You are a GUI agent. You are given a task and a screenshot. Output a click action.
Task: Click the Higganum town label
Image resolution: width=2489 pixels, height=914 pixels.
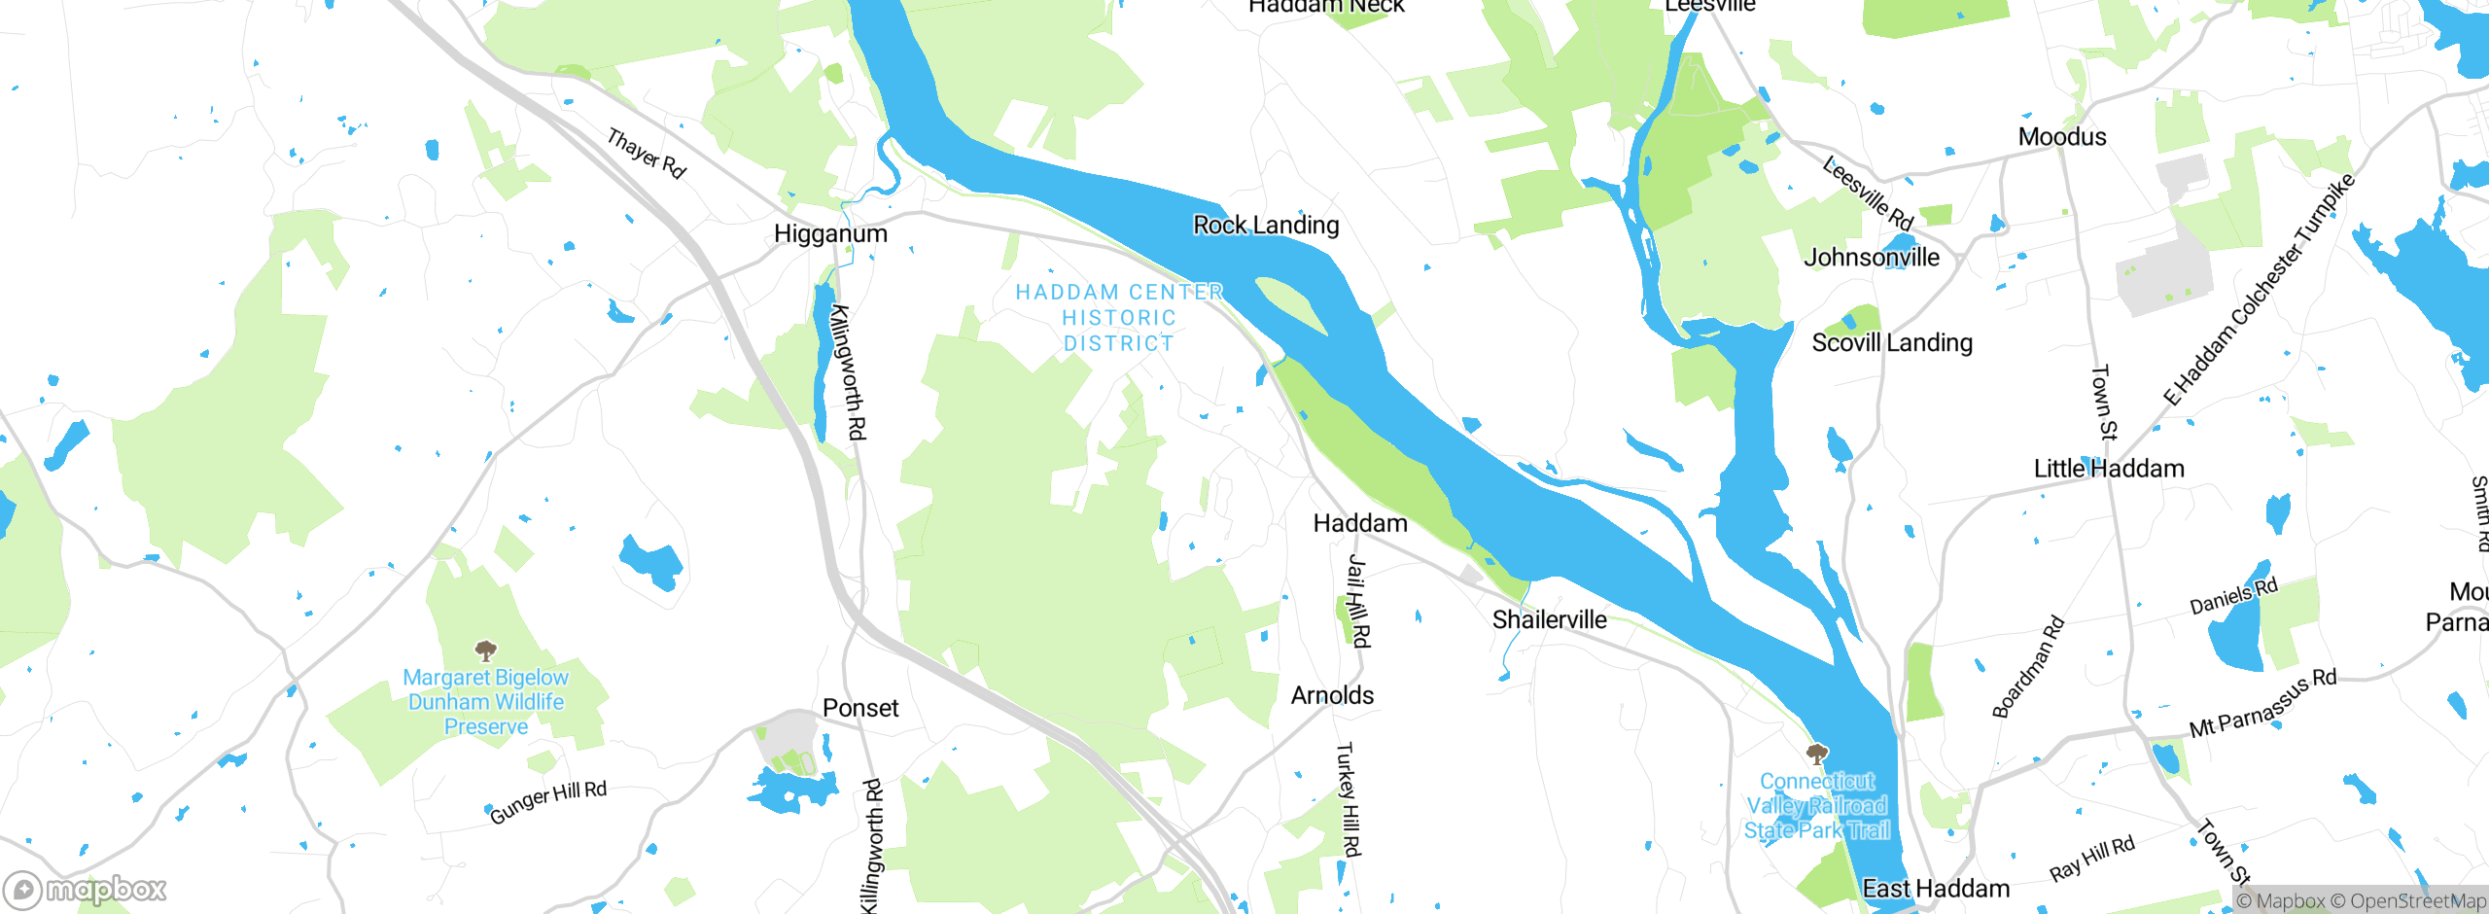click(x=830, y=234)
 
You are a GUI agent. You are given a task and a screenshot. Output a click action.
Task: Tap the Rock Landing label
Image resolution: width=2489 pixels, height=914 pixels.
click(x=1266, y=226)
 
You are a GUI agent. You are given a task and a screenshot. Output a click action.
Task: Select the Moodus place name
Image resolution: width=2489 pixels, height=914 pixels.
click(x=2062, y=137)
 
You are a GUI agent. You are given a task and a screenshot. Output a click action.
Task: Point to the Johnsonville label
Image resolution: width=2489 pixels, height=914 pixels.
click(x=1872, y=258)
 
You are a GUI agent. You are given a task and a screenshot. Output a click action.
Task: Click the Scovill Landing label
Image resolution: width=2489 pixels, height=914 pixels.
click(x=1892, y=343)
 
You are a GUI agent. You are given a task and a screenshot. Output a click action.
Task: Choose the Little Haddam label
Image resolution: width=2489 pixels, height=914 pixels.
click(x=2109, y=469)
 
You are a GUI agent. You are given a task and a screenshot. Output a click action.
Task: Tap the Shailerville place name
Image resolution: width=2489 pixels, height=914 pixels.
click(x=1550, y=619)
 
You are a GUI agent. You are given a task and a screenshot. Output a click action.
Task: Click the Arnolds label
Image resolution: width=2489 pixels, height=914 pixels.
click(x=1332, y=696)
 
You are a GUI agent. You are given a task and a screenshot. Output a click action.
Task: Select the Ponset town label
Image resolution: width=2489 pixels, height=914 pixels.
click(x=860, y=709)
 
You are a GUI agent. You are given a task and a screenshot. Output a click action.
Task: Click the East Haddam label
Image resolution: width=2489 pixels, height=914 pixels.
click(x=1936, y=889)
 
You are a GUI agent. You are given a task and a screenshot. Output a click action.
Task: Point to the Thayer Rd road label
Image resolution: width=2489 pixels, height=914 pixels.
click(x=647, y=154)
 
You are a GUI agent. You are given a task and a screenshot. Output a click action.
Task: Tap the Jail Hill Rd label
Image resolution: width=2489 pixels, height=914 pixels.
click(x=1358, y=601)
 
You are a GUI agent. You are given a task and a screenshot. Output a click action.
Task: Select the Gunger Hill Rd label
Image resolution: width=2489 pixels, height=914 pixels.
click(x=547, y=802)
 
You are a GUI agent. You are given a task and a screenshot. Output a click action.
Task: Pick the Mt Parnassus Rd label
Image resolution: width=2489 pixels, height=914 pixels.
click(x=2262, y=703)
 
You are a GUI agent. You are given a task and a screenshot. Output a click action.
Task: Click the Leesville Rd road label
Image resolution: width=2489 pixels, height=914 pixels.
click(x=1868, y=193)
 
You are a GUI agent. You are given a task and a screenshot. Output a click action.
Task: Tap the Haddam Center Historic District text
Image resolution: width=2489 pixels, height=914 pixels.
click(x=1119, y=318)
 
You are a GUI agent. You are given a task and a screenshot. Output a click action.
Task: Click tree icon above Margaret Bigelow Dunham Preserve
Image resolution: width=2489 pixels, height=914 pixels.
click(x=485, y=650)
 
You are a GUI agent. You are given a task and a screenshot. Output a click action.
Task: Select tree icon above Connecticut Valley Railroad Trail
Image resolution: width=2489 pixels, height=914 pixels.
click(x=1816, y=755)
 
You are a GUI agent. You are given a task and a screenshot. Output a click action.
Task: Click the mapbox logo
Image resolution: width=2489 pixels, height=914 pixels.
click(x=86, y=889)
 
